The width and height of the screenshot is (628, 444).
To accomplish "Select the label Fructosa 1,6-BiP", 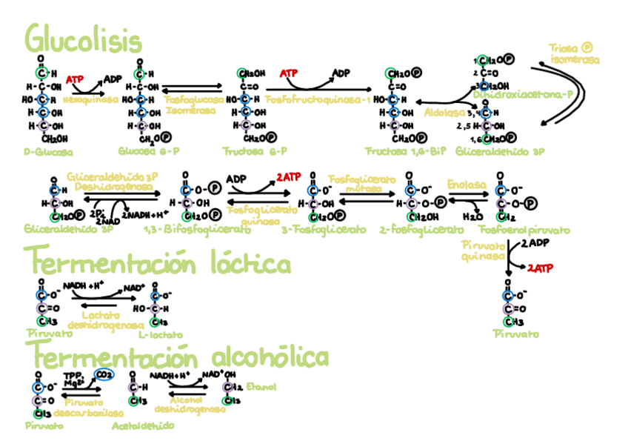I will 406,150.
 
